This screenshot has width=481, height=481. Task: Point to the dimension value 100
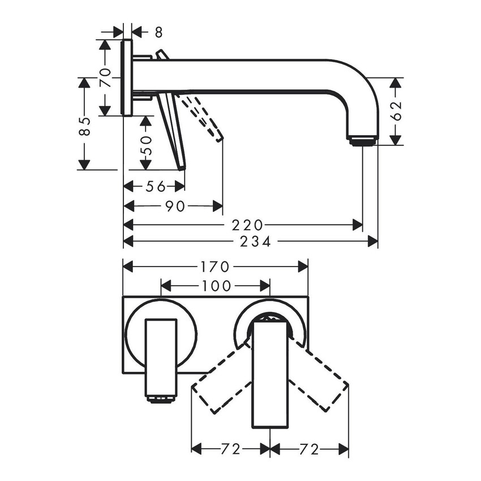click(x=216, y=286)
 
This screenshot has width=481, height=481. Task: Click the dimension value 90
click(x=175, y=207)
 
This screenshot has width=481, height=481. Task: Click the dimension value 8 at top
click(x=143, y=32)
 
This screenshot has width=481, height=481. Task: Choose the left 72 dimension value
click(x=230, y=449)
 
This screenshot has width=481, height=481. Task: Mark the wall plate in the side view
click(x=127, y=78)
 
